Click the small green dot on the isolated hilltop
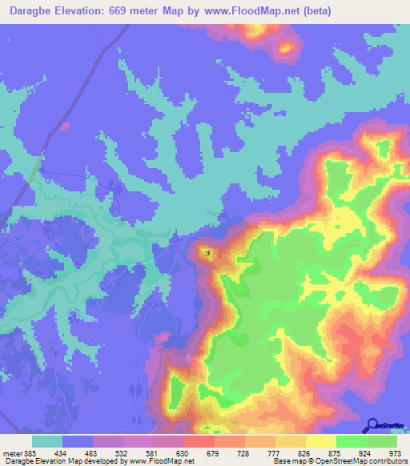click(x=207, y=252)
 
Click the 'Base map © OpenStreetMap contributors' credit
click(x=340, y=461)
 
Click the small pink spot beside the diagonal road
click(x=64, y=126)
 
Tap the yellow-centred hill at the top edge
click(x=284, y=48)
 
